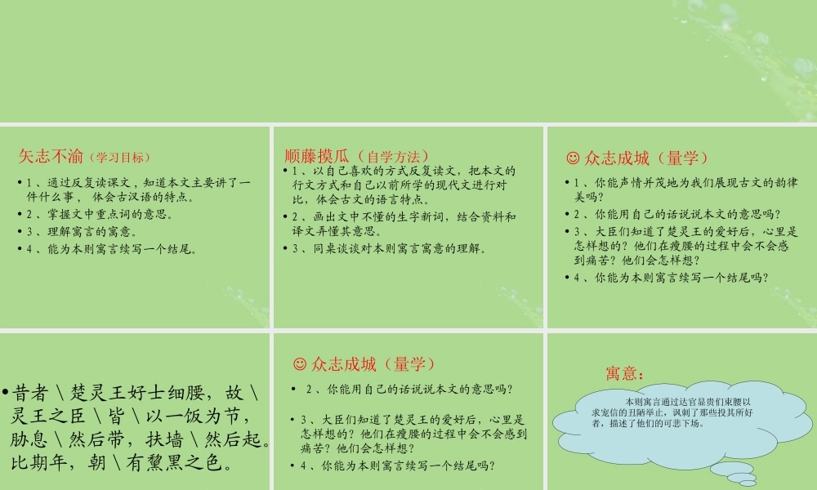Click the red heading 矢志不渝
(x=51, y=156)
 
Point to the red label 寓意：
(x=624, y=373)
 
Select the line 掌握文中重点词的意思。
(x=103, y=215)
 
